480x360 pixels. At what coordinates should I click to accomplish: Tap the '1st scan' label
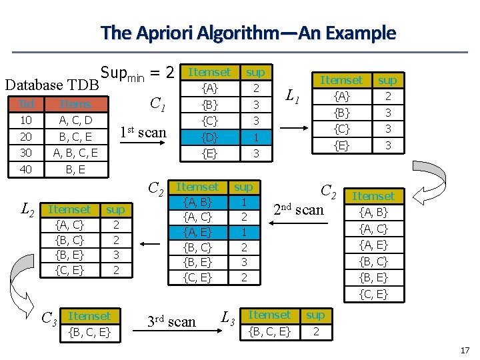coord(143,132)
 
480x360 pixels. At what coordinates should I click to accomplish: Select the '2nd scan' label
coord(298,210)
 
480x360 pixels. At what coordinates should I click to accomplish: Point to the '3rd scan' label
coord(171,322)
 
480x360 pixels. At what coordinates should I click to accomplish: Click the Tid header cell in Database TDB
coord(27,104)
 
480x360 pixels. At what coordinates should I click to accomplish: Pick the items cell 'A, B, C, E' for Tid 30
coord(75,153)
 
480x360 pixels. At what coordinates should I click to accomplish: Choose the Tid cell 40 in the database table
coord(27,169)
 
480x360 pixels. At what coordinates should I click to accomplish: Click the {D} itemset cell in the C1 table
coord(209,137)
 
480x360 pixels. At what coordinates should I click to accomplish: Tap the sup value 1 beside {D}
coord(255,137)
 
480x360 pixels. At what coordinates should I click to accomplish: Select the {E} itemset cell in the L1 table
coord(342,145)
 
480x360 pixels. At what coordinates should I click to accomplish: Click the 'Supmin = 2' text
coord(137,72)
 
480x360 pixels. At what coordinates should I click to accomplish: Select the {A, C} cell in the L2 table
coord(69,225)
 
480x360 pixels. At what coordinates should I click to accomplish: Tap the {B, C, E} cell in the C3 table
coord(89,331)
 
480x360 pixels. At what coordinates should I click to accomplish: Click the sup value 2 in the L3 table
coord(316,331)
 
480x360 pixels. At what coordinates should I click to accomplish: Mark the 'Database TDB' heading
coord(51,85)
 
